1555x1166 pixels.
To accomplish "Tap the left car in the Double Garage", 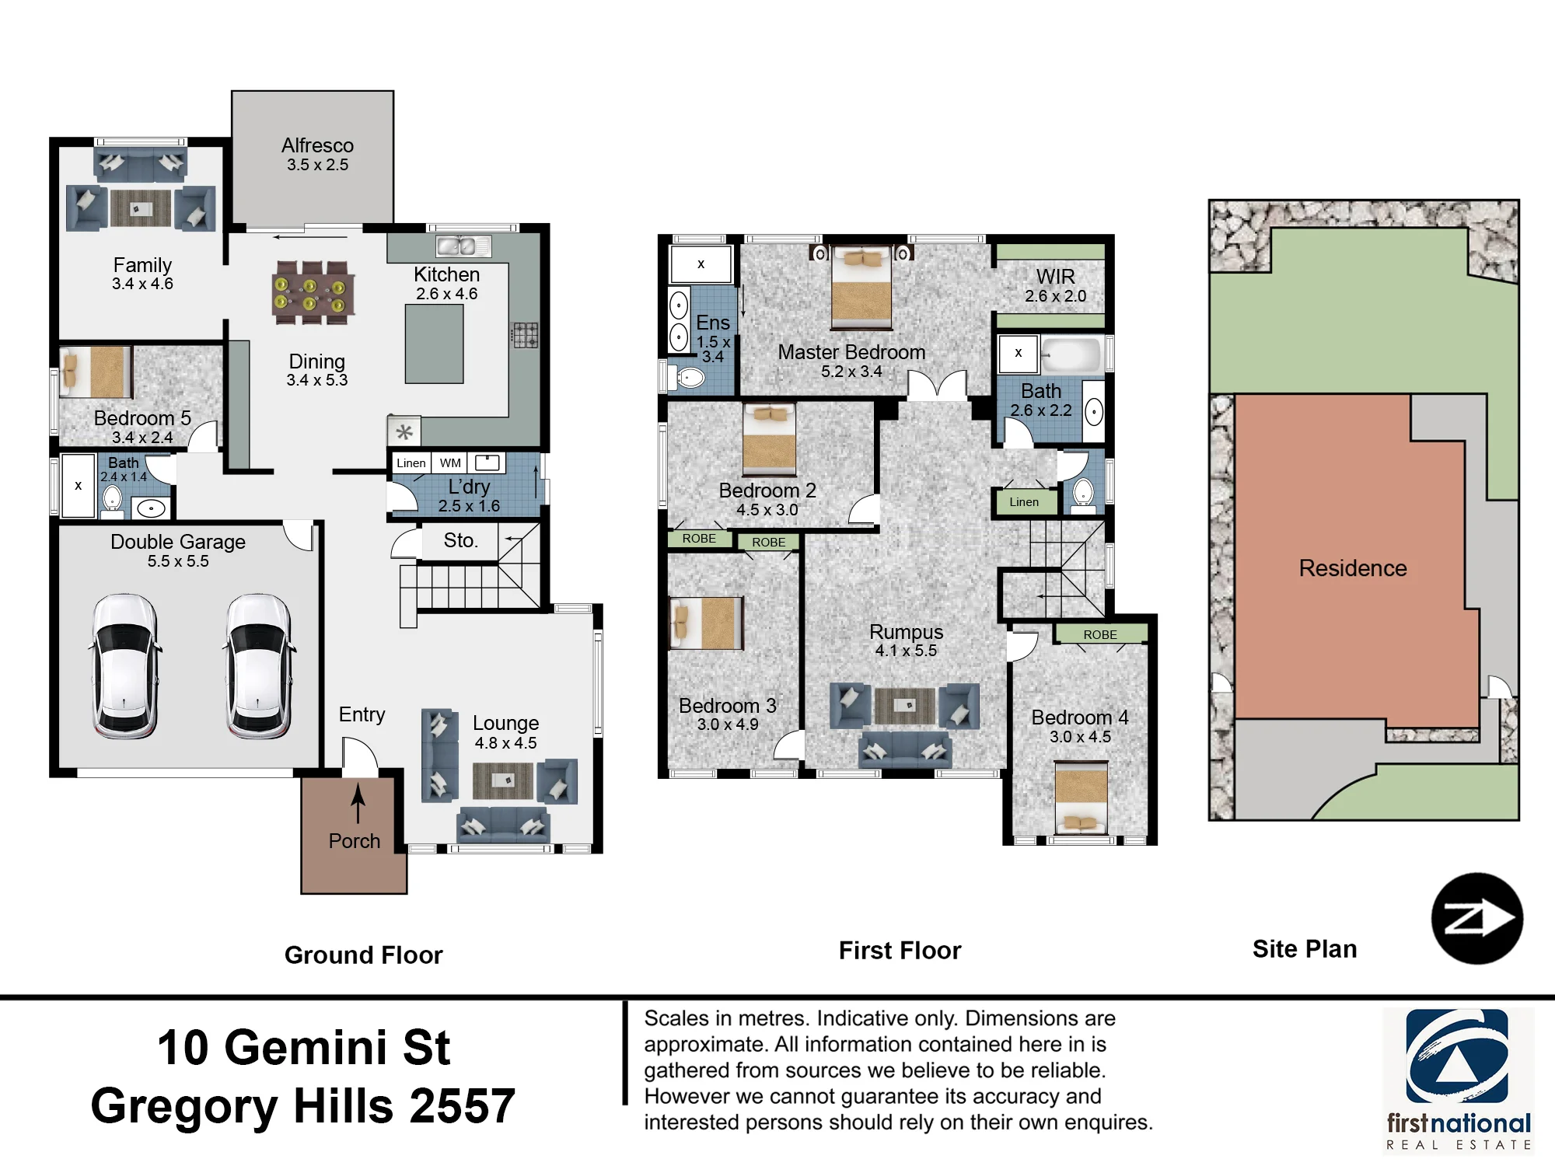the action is [125, 666].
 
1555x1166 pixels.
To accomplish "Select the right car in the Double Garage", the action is [259, 666].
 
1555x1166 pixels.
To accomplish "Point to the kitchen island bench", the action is [434, 344].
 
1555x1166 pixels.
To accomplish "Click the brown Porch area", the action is [354, 836].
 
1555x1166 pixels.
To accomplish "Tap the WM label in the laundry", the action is [450, 463].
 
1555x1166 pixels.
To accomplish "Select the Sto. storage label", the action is [460, 540].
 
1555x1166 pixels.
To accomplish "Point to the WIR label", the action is [1055, 277].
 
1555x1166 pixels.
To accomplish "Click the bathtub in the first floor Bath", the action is [1070, 354].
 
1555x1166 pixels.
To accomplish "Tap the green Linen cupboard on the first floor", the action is [1024, 502].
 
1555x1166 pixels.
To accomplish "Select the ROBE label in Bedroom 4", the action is [1100, 635].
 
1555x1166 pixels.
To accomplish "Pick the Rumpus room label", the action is [906, 632].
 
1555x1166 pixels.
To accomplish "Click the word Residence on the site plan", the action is [1353, 568].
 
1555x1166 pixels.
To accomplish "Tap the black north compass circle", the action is [1477, 919].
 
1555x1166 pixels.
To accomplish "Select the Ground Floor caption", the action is [363, 955].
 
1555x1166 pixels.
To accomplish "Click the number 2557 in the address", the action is [462, 1106].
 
